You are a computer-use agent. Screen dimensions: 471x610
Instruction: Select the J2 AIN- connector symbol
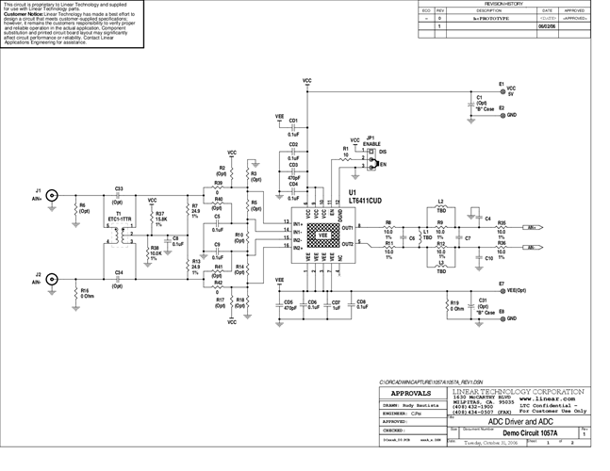click(x=54, y=280)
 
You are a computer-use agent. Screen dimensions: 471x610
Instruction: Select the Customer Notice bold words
click(x=24, y=15)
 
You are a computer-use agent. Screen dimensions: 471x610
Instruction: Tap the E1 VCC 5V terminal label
click(x=511, y=89)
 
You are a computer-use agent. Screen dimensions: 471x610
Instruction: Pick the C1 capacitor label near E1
click(x=480, y=100)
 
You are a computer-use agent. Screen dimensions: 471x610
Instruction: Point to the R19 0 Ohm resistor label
click(x=455, y=305)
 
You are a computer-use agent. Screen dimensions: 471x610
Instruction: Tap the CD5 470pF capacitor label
click(x=288, y=305)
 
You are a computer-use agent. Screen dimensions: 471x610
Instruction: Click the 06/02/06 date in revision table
click(x=546, y=28)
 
